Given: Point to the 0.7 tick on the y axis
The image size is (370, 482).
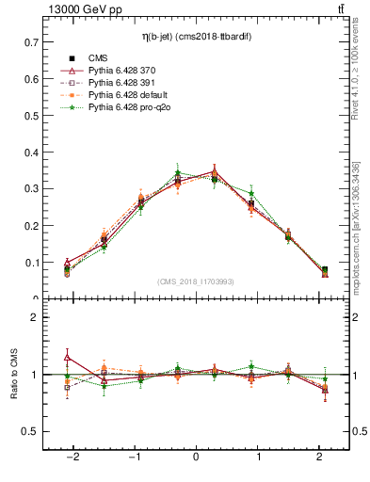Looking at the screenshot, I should [x=31, y=42].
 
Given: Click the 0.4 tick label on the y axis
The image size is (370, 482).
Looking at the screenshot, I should [x=31, y=153].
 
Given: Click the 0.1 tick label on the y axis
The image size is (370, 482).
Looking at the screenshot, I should [x=31, y=263].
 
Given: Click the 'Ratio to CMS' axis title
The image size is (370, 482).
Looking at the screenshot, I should [x=12, y=374].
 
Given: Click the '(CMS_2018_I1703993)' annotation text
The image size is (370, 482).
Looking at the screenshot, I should [x=195, y=281].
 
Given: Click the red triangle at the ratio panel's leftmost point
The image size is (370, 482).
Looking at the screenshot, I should [x=67, y=357].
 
